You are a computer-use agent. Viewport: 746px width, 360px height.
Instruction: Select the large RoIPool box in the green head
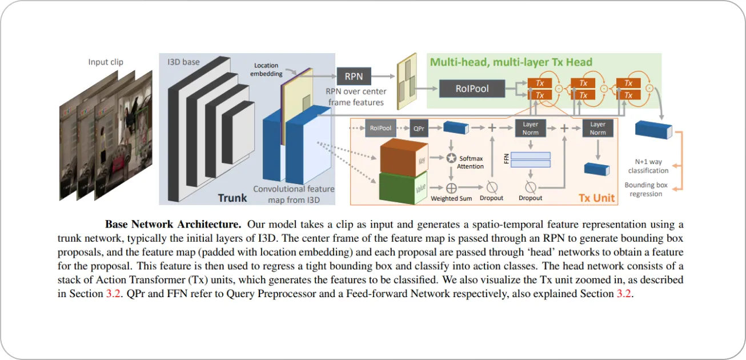point(472,89)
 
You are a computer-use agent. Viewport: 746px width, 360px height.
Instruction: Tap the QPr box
point(419,129)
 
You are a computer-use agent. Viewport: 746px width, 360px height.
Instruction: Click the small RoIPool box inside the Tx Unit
point(380,129)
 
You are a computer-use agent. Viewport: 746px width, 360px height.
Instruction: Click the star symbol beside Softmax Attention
point(451,157)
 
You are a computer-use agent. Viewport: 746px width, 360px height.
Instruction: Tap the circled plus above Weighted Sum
point(451,187)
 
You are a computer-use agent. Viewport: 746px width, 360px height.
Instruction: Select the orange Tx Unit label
point(597,198)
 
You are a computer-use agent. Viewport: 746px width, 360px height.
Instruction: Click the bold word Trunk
point(232,198)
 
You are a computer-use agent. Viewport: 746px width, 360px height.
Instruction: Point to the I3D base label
point(183,61)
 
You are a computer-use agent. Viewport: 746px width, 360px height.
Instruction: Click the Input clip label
point(106,62)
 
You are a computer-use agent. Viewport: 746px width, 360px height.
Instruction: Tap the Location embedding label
point(266,70)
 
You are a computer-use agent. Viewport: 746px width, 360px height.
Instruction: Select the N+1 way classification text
point(648,166)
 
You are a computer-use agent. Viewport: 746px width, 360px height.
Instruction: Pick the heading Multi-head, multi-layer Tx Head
point(511,62)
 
